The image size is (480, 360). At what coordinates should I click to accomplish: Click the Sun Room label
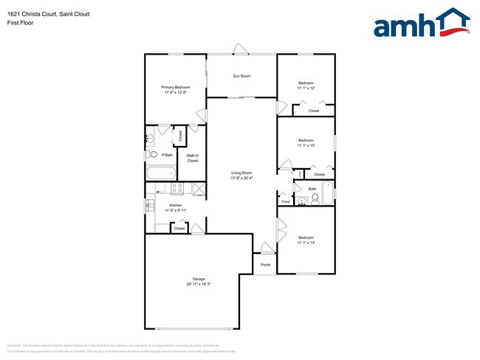point(241,76)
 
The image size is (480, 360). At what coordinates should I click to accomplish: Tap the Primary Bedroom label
point(175,87)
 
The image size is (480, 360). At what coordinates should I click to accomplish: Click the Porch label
point(265,265)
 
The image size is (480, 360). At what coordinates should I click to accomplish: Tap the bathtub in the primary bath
point(161,174)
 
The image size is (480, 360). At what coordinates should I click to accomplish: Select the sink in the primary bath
point(150,137)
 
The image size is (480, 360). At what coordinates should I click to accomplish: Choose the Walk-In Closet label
point(192,157)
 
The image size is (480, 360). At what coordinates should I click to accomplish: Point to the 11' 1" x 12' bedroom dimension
point(306,88)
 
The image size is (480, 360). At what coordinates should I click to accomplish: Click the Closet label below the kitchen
point(179,229)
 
